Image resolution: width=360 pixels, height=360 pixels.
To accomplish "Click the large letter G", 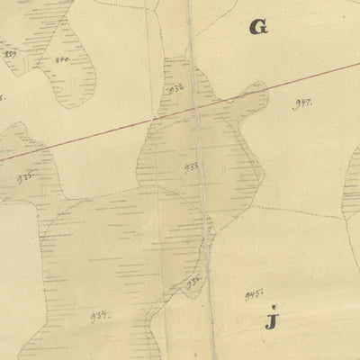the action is point(259,28).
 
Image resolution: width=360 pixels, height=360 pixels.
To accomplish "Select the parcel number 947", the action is point(302,103).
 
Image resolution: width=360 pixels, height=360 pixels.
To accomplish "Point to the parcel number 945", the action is point(252,294).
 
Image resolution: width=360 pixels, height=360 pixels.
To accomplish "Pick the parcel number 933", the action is point(192,166).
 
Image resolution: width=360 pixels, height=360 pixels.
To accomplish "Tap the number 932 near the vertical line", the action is point(176,88).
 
